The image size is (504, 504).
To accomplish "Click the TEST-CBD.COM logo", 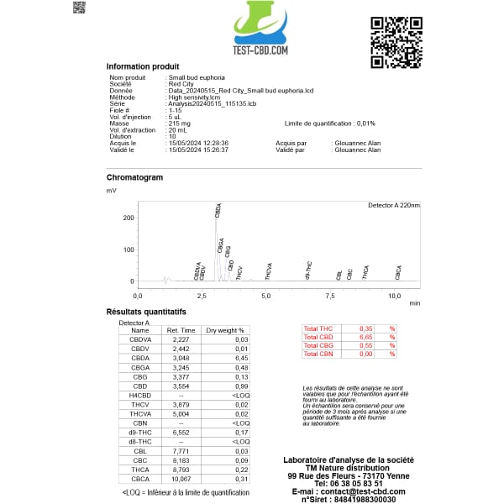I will [x=260, y=30].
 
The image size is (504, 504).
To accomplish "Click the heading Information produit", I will [x=142, y=66].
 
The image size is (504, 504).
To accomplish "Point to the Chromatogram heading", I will [x=134, y=177].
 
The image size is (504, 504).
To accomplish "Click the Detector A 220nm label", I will [x=394, y=205].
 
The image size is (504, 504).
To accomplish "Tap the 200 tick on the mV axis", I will [x=129, y=218].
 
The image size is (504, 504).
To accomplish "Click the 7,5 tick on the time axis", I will [x=330, y=297].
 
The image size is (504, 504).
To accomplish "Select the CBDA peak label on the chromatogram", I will [x=218, y=210].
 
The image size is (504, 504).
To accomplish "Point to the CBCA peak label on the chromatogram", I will [x=398, y=272].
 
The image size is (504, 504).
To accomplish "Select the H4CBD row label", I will [x=139, y=394].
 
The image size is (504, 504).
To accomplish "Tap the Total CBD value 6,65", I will [x=365, y=336].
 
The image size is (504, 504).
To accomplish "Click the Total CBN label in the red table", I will [x=318, y=354].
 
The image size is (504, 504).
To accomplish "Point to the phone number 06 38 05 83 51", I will [x=349, y=484].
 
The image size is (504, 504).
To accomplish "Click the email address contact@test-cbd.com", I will [x=360, y=491].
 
